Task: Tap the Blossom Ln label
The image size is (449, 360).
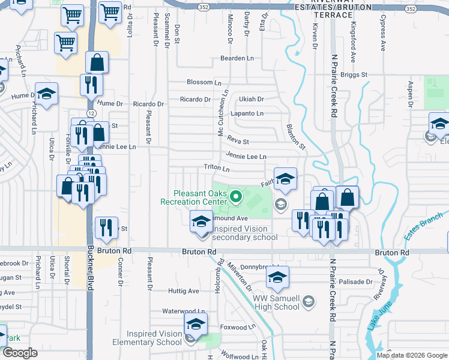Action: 204,82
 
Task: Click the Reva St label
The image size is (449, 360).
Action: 238,141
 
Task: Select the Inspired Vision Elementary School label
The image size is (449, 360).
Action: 154,338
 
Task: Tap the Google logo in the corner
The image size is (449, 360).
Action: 20,353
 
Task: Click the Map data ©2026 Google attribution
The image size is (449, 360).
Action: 412,355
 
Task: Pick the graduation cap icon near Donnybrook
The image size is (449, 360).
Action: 277,278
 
